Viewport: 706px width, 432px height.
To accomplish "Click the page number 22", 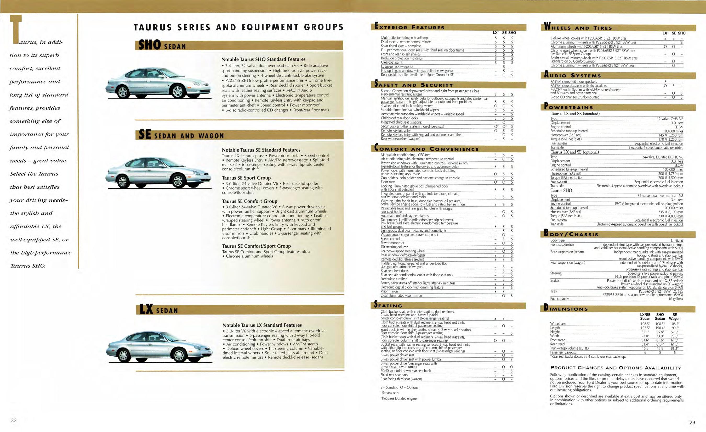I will click(x=14, y=420).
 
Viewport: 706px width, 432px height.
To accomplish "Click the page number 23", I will click(x=692, y=422).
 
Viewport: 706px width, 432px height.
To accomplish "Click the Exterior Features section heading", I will click(x=409, y=27).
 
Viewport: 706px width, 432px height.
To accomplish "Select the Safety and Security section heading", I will click(x=414, y=85).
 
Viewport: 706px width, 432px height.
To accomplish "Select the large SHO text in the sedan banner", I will click(x=149, y=45).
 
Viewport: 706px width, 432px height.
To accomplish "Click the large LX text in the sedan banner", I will click(x=146, y=309).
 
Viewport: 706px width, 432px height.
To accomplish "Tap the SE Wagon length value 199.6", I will click(x=674, y=328).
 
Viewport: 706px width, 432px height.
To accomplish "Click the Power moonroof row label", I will click(x=392, y=243).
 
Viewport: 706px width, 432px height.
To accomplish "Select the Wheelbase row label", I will click(x=558, y=324).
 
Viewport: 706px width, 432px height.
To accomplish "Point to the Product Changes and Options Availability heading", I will click(x=616, y=368).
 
